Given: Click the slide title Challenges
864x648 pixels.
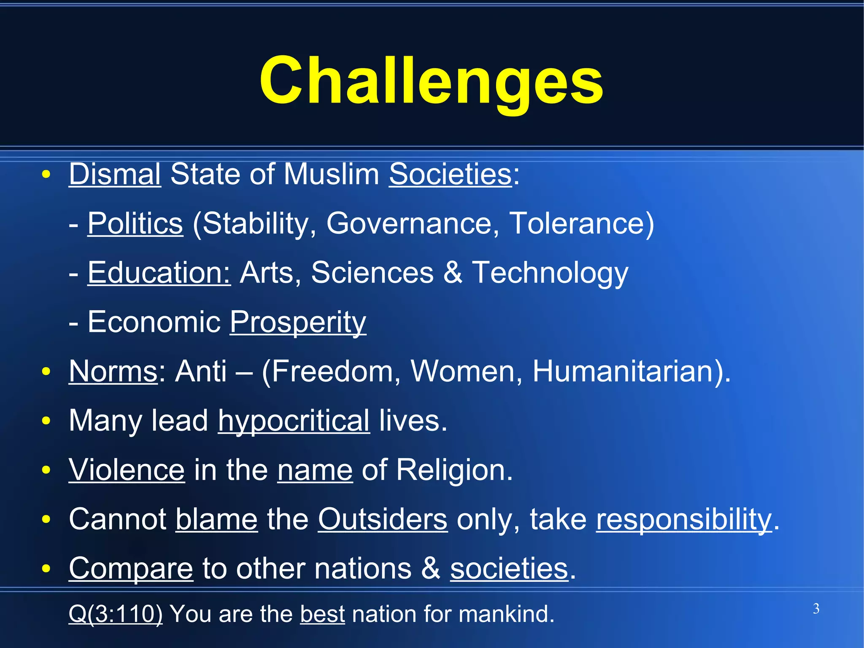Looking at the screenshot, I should pos(431,81).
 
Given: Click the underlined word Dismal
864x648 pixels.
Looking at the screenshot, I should pos(115,174).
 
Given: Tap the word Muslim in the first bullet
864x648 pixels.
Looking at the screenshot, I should pos(331,174).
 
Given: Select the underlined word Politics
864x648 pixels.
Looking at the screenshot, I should pos(135,223).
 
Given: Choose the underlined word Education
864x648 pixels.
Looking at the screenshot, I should pos(159,273).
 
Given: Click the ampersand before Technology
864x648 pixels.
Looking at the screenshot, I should pos(453,273).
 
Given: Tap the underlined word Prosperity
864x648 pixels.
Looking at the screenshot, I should pos(298,322).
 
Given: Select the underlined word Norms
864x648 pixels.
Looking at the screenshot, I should pos(113,371).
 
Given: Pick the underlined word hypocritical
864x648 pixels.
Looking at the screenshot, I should pos(294,421).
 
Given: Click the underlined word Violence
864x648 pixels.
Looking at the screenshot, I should pos(127,470).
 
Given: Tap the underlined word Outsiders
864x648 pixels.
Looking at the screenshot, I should pos(382,520).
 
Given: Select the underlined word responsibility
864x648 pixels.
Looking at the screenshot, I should pos(684,520).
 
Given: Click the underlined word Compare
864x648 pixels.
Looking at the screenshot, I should pos(131,569).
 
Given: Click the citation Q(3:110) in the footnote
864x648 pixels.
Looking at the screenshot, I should pos(115,614).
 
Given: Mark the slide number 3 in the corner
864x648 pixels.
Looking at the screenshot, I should pos(816,609).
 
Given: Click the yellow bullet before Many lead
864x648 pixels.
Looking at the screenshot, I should pos(46,421).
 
